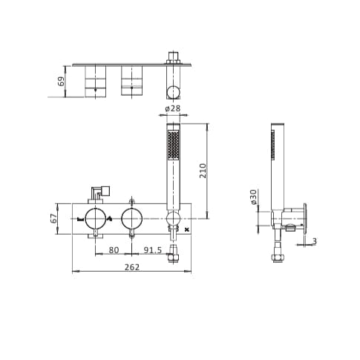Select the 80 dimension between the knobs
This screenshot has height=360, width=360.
pos(114,249)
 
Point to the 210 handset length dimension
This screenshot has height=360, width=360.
pos(203,170)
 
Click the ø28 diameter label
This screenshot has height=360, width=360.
pos(172,109)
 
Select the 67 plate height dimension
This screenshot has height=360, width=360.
pos(53,217)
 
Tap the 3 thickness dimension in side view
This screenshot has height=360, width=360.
pos(314,240)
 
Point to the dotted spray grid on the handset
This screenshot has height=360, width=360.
pos(174,144)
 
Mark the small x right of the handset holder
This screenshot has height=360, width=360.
pos(186,230)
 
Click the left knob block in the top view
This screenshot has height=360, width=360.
pos(95,81)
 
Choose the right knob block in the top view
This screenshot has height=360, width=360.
pos(131,81)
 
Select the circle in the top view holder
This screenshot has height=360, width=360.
pos(173,92)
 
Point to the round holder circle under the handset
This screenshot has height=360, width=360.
pos(173,218)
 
